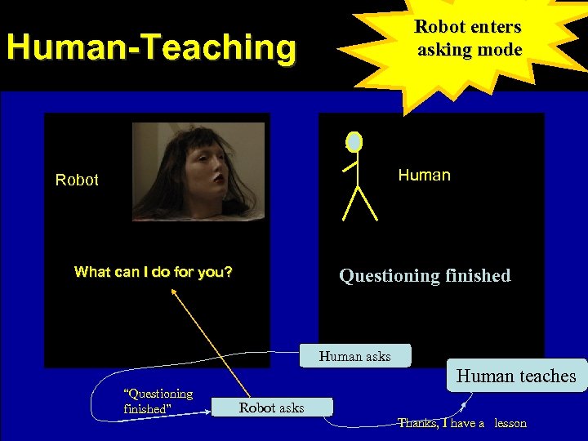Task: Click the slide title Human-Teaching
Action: tap(150, 47)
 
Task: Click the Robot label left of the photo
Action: tap(77, 180)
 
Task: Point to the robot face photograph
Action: tap(199, 171)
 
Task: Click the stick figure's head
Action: tap(354, 142)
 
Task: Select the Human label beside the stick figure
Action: tap(424, 175)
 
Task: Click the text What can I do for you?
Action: tap(153, 272)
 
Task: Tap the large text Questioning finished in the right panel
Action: tap(425, 276)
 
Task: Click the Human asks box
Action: tap(355, 356)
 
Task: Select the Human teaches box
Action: tap(516, 376)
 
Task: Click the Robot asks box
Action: tap(272, 408)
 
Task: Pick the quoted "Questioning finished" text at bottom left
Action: tap(158, 401)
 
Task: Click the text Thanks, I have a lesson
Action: tap(462, 423)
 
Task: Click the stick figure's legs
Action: tap(359, 203)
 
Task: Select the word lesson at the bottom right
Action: tap(510, 423)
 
